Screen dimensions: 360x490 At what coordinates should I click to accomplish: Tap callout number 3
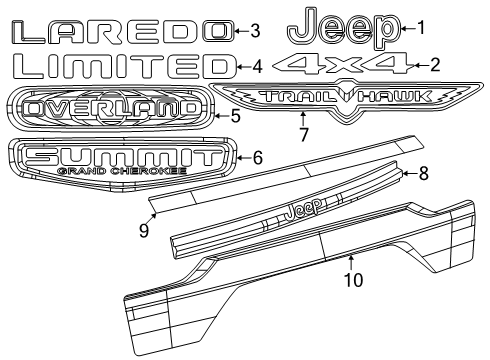[x=255, y=30]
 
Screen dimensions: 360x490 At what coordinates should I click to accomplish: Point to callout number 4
[x=257, y=68]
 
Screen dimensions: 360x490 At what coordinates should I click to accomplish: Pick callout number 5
[x=235, y=116]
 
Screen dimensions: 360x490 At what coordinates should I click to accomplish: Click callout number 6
[x=257, y=157]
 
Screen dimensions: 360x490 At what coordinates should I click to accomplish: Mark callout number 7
[x=305, y=130]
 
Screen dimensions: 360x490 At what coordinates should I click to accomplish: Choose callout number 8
[x=423, y=174]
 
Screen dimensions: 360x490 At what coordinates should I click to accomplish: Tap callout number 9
[x=143, y=229]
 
